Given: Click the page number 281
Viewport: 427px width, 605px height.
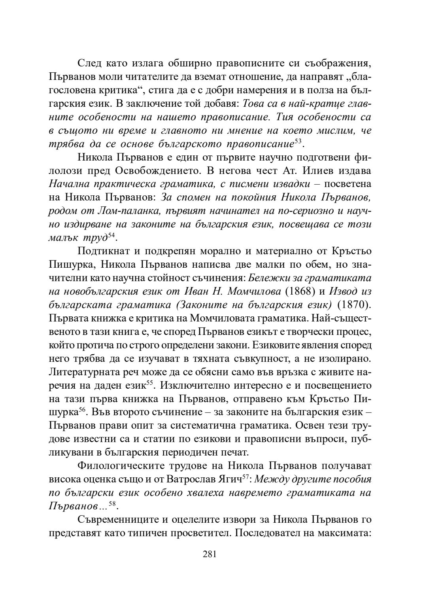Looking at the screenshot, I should click(210, 554).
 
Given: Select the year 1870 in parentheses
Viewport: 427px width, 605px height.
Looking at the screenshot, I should click(353, 305).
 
